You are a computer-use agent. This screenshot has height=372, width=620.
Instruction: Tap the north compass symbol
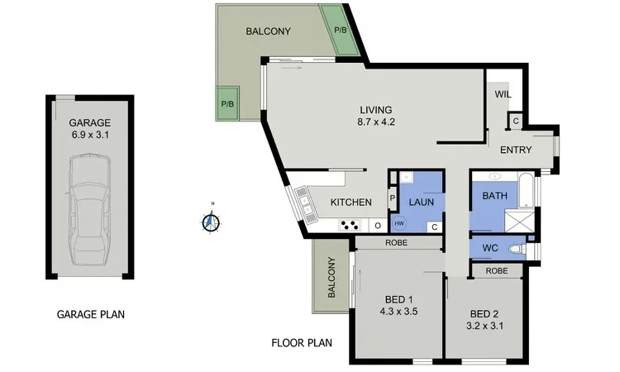click(x=212, y=222)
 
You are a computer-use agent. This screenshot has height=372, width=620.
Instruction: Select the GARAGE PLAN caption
click(x=90, y=314)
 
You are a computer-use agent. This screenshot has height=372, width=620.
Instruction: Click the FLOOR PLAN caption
click(x=302, y=342)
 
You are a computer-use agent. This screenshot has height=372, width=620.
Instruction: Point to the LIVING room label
click(x=375, y=110)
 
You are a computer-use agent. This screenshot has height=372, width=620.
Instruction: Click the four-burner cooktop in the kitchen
click(x=351, y=224)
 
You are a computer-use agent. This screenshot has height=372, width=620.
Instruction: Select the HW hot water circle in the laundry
click(x=399, y=224)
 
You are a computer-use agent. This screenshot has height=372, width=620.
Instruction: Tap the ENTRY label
click(x=516, y=150)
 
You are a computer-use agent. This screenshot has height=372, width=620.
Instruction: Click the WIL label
click(x=503, y=94)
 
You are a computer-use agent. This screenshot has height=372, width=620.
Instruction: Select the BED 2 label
click(x=485, y=314)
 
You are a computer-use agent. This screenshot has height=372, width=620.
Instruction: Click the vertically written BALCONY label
click(x=331, y=278)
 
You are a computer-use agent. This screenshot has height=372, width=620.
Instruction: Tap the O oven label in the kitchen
click(x=377, y=225)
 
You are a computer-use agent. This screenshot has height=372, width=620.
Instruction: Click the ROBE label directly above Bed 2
click(x=496, y=270)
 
